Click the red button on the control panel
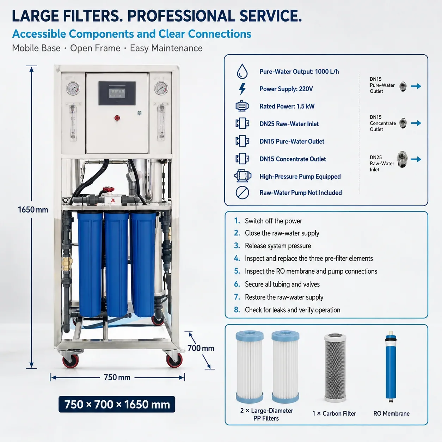[117, 118]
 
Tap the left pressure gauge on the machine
[73, 88]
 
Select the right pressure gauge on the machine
[161, 88]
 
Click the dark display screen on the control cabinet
[117, 93]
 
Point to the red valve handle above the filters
[109, 190]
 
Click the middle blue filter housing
[116, 264]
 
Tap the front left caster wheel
[70, 360]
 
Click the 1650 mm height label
[33, 210]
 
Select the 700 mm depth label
[201, 348]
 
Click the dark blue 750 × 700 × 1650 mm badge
[117, 404]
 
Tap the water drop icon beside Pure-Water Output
[242, 71]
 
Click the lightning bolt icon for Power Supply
[242, 89]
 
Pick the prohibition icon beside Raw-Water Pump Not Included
[242, 193]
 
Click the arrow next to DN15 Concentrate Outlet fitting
[416, 123]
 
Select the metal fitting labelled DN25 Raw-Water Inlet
[402, 159]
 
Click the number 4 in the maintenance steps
[237, 258]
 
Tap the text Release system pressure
[278, 246]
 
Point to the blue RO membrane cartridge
[391, 367]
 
